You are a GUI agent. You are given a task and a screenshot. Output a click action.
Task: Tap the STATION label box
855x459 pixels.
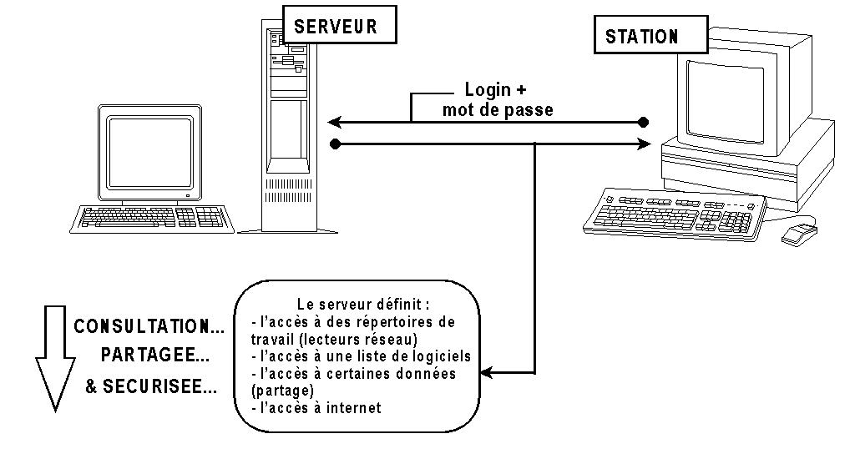[641, 37]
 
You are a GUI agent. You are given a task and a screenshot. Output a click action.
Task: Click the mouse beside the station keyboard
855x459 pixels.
[799, 232]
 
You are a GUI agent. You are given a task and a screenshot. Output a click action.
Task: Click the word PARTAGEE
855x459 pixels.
[154, 356]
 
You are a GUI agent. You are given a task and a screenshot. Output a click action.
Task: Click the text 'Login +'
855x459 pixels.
[496, 90]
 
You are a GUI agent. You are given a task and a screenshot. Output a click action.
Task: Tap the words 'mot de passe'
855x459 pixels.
[498, 109]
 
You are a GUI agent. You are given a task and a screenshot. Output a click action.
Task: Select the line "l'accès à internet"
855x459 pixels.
[317, 408]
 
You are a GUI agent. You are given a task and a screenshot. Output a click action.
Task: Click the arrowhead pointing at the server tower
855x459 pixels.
[332, 123]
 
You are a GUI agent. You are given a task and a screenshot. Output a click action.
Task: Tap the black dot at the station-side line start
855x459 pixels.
[643, 123]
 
